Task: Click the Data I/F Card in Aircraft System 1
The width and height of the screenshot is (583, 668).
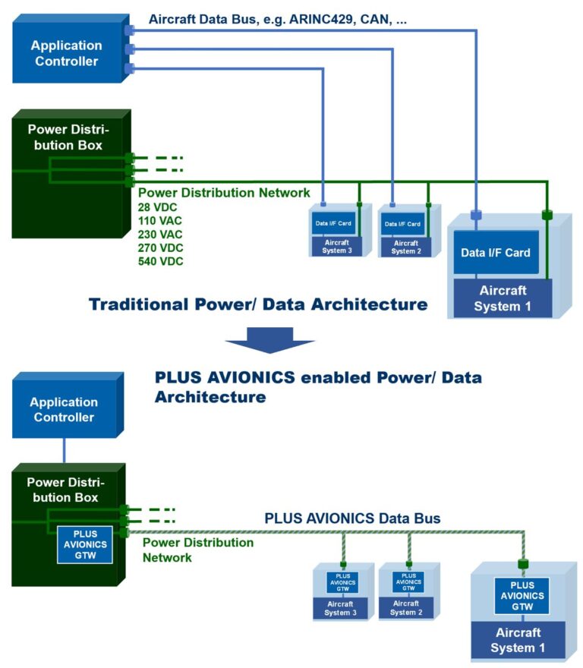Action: [x=496, y=252]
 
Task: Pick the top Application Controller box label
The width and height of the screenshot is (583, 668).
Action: [x=66, y=53]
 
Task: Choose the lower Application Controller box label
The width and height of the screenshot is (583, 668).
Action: [x=64, y=409]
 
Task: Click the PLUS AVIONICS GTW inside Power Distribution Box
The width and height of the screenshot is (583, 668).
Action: [x=85, y=545]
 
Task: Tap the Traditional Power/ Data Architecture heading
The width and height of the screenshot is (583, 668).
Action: [x=258, y=305]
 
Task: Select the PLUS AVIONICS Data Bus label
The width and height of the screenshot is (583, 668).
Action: [x=352, y=518]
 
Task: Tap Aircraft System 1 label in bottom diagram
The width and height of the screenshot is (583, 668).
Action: [x=518, y=640]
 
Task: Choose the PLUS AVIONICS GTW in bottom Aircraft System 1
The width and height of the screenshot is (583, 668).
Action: [x=522, y=596]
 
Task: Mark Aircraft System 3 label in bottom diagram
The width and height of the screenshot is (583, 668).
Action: [x=341, y=608]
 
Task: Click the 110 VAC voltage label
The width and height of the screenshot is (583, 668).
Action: [x=160, y=221]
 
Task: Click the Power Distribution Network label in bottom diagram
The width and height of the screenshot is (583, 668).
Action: [x=197, y=550]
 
